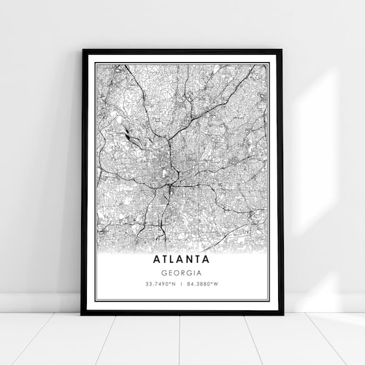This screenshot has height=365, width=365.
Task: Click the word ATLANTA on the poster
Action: pyautogui.click(x=181, y=258)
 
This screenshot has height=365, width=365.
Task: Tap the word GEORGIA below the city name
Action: pyautogui.click(x=181, y=272)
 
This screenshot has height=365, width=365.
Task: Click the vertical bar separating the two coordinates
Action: pyautogui.click(x=181, y=284)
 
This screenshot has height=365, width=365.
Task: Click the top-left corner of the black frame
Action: pyautogui.click(x=83, y=50)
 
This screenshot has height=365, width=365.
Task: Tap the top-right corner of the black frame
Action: pyautogui.click(x=281, y=50)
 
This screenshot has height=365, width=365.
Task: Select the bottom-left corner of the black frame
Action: pyautogui.click(x=82, y=313)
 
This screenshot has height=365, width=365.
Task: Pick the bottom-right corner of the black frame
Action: pyautogui.click(x=281, y=313)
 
